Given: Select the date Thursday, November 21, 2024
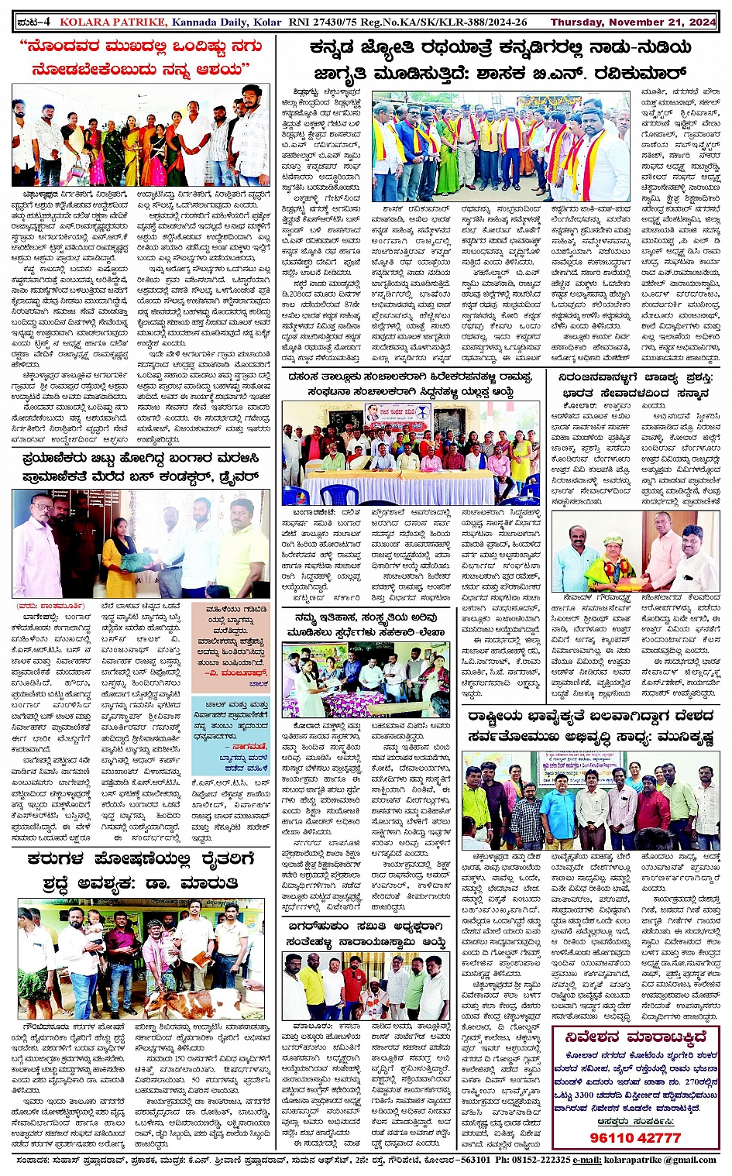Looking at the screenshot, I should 633,22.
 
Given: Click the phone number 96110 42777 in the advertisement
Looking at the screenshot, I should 635,1137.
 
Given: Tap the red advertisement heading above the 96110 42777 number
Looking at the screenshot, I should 635,1037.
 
